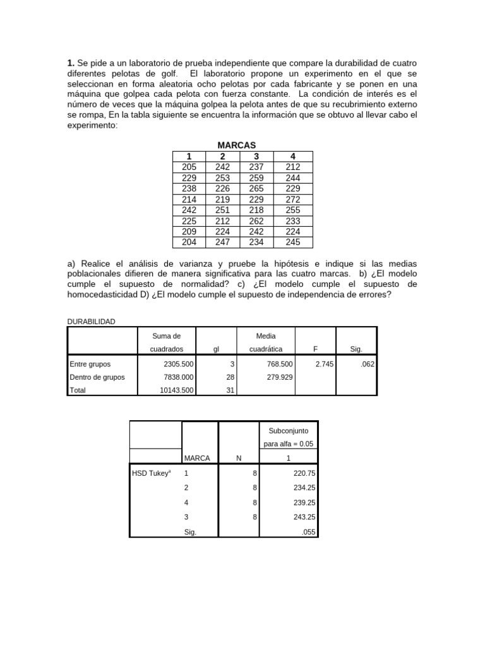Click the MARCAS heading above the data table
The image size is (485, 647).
(237, 145)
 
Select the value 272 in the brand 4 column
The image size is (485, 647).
(292, 199)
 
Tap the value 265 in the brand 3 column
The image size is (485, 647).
(257, 188)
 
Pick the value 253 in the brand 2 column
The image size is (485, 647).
(222, 178)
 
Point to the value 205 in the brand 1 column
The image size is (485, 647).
(189, 167)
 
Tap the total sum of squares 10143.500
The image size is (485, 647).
(176, 390)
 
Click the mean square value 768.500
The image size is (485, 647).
(277, 364)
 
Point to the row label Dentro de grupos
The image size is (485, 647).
(97, 377)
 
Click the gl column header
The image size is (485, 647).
(216, 349)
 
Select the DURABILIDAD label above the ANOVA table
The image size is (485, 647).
(91, 322)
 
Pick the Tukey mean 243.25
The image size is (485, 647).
(303, 517)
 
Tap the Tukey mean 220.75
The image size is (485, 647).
(303, 472)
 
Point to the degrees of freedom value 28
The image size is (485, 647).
(230, 377)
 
